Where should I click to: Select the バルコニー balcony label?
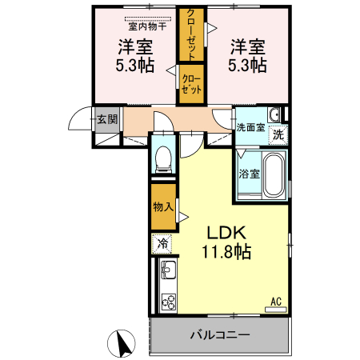coord(220,334)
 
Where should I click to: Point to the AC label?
coord(275,302)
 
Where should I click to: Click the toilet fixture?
coord(163,157)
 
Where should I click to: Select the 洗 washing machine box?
coord(278,134)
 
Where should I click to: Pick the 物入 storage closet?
coord(163,206)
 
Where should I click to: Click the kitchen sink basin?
coord(169,270)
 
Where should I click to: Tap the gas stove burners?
coord(169,302)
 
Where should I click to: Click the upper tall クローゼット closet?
coord(193,34)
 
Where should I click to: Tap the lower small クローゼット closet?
coord(191,84)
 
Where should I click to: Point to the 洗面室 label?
coord(250,126)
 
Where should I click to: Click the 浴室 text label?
coord(249,174)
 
